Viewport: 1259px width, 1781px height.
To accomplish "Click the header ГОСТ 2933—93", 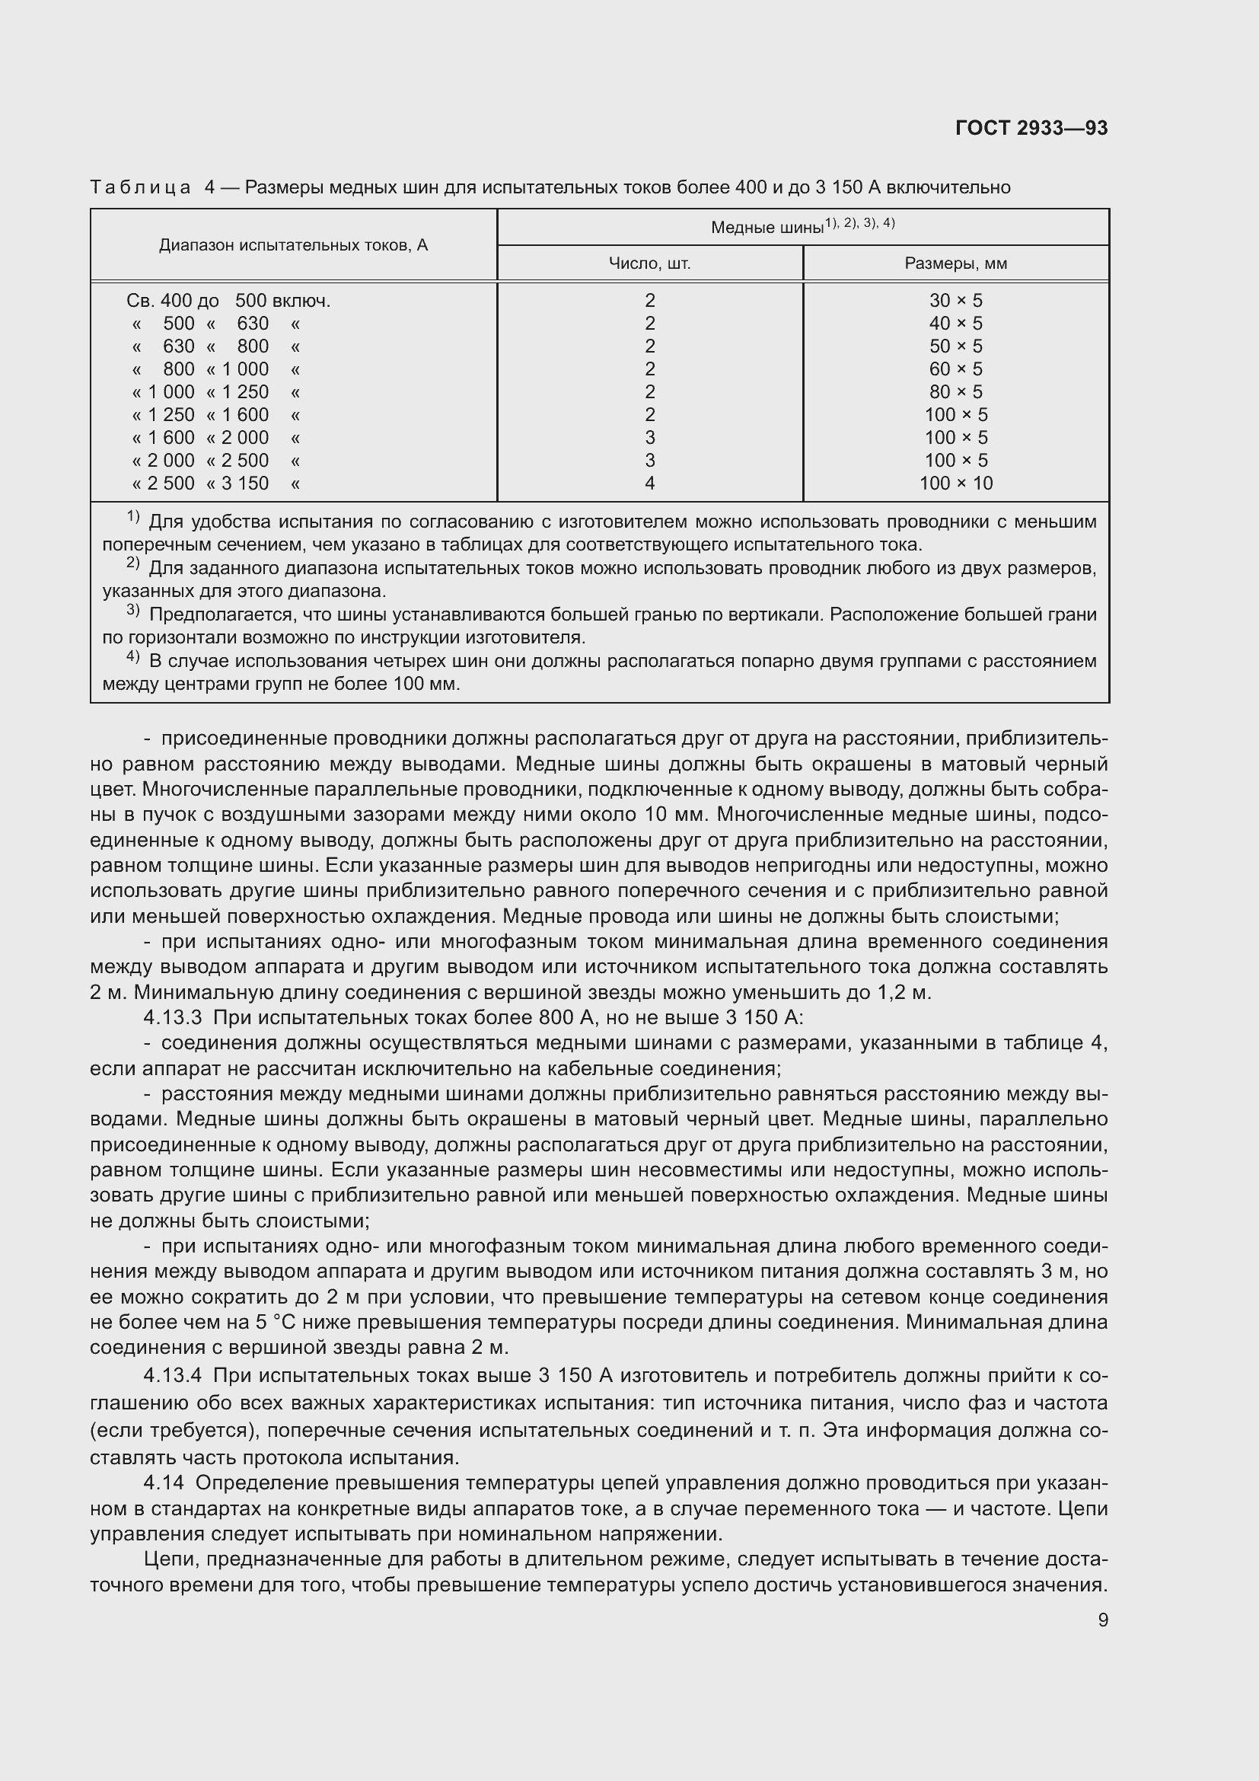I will pos(1031,128).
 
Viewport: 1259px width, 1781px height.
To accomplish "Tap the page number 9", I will pos(1102,1620).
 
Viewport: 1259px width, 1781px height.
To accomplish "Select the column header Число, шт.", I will pos(649,263).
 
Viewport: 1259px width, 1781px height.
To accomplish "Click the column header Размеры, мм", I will pos(955,263).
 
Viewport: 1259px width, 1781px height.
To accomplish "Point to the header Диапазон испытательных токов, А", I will pos(293,245).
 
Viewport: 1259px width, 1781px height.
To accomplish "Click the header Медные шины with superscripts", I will pos(802,226).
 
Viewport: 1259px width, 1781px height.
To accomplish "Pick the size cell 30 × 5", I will pos(955,301).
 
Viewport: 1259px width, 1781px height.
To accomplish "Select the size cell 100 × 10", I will pos(955,484).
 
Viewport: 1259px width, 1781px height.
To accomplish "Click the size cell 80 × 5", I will pos(955,391).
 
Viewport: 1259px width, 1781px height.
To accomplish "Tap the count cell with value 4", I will pos(649,484).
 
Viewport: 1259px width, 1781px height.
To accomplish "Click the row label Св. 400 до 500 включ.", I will pos(228,301).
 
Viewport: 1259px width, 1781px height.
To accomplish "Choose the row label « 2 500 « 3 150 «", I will pos(215,484).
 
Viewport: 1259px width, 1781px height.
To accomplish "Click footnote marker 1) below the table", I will pos(132,517).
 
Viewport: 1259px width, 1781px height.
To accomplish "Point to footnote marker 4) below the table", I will pos(132,657).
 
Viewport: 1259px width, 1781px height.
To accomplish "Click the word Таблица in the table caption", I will pos(140,188).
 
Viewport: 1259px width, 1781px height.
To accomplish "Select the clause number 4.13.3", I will pos(172,1017).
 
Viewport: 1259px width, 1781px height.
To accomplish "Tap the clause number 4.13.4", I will pos(172,1375).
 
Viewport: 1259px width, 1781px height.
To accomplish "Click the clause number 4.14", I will pos(164,1483).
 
